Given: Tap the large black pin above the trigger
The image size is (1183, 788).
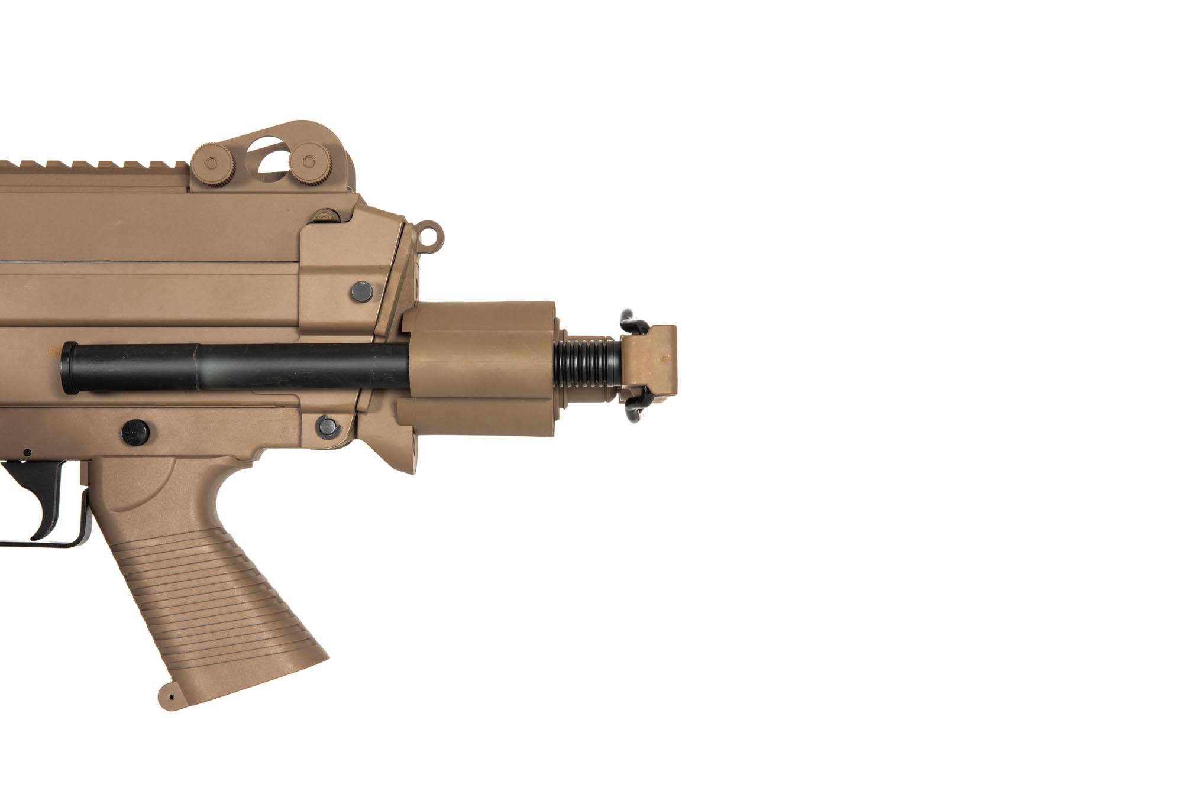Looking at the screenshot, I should (x=135, y=432).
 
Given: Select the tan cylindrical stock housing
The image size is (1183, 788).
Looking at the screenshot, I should (x=482, y=367).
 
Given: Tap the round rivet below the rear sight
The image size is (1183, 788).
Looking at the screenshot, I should (x=325, y=215).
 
